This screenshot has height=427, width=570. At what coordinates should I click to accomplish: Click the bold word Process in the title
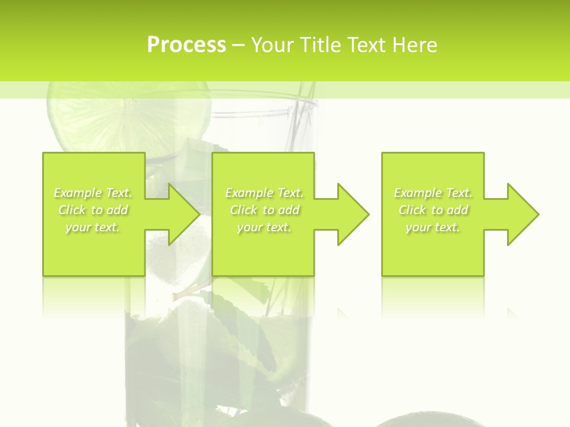coord(186,45)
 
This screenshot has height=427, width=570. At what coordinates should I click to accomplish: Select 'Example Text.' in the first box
coord(93,193)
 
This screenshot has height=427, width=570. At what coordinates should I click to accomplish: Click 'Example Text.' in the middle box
coord(264,193)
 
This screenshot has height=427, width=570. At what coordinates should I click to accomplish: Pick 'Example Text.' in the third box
coord(433,193)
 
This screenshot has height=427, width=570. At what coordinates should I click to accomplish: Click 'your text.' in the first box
coord(93,227)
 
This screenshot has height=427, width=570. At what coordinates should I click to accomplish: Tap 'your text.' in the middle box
coord(264,227)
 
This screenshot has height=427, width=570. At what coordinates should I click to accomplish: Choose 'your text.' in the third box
coord(433,227)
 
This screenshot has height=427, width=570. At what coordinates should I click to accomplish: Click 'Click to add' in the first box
coord(93,210)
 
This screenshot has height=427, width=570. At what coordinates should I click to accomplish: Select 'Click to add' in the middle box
coord(264,210)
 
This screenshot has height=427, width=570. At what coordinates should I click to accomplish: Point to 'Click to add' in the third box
coord(433,210)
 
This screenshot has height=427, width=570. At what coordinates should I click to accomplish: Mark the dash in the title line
coord(238,46)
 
